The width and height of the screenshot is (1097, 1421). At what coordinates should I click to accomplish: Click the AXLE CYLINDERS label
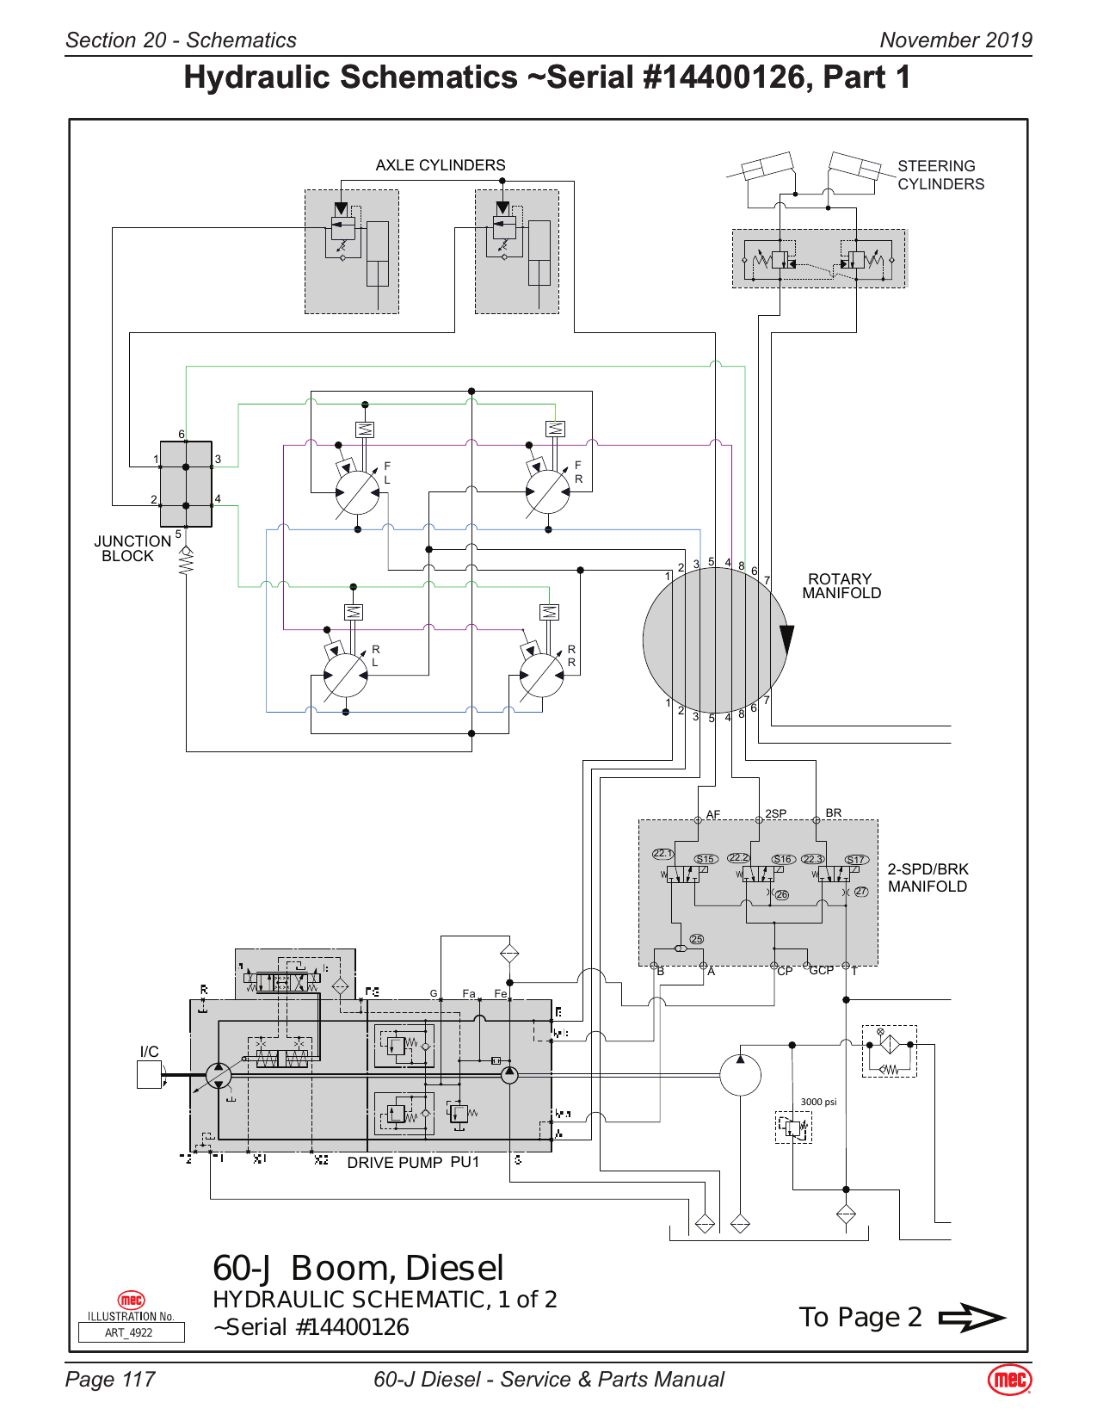[x=440, y=165]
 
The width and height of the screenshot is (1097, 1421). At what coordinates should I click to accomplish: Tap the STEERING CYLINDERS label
[x=940, y=175]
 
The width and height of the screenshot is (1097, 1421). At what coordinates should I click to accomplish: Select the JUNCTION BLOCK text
[x=132, y=548]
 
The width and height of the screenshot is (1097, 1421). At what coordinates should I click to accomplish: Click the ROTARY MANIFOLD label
[x=841, y=586]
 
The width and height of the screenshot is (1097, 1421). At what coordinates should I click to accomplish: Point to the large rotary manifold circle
[x=714, y=639]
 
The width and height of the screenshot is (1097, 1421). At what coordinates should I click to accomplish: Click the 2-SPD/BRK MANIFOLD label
[x=927, y=878]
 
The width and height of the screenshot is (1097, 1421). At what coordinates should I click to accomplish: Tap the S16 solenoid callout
[x=782, y=859]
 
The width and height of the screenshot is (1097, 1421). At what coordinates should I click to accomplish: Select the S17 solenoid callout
[x=855, y=860]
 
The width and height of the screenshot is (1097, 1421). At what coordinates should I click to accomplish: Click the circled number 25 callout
[x=696, y=939]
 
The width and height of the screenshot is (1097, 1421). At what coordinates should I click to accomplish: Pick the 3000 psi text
[x=817, y=1102]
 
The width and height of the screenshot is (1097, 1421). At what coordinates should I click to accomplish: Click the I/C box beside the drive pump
[x=149, y=1074]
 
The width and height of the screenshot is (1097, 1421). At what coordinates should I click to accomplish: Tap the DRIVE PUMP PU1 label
[x=412, y=1163]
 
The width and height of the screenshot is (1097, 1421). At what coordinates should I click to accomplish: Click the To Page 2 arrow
[x=971, y=1318]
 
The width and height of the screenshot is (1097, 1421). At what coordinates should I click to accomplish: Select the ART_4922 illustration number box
[x=131, y=1332]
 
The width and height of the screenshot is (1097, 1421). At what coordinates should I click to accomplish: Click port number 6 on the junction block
[x=182, y=434]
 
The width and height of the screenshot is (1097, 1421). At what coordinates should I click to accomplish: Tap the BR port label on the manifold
[x=833, y=812]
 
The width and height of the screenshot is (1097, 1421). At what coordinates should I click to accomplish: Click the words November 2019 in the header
[x=955, y=40]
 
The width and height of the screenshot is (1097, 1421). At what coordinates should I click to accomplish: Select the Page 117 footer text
[x=110, y=1380]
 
